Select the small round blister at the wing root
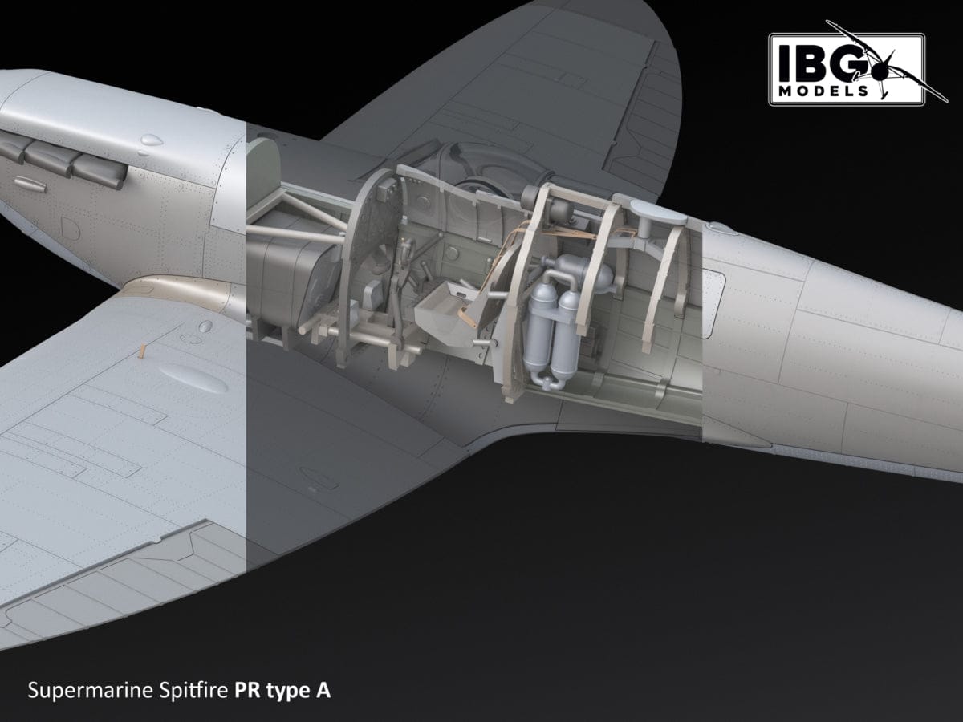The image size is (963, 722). (x=205, y=327)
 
